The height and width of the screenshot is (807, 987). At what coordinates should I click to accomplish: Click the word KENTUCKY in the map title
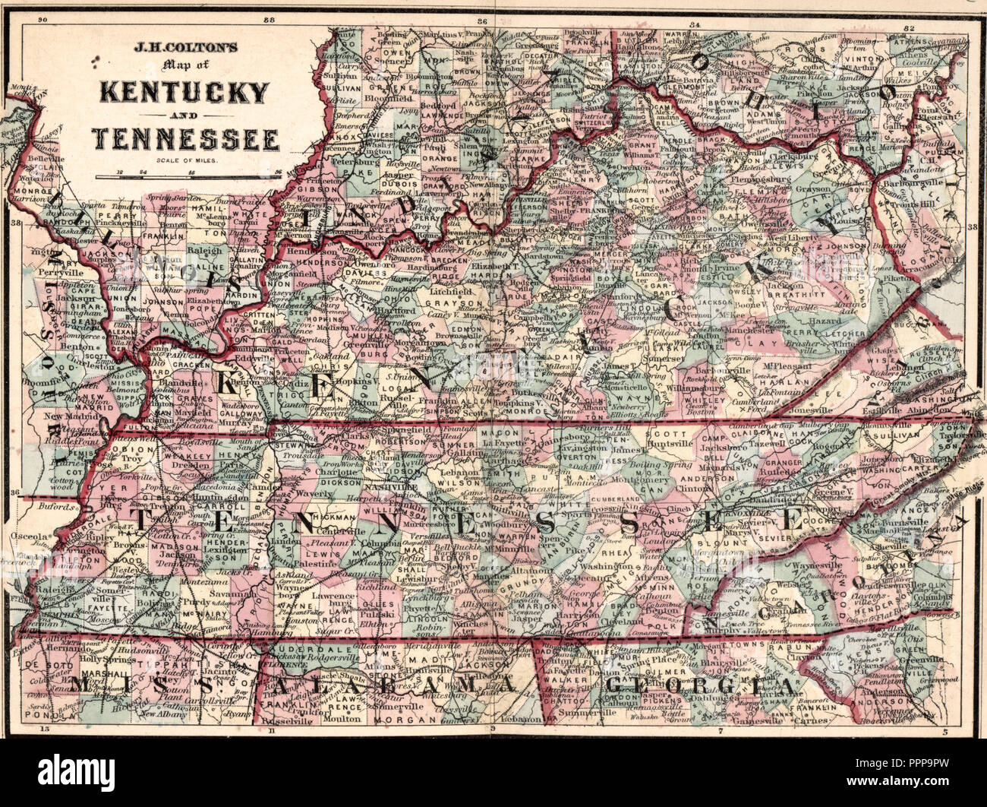point(184,92)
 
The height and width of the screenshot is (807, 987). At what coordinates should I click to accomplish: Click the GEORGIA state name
point(702,687)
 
